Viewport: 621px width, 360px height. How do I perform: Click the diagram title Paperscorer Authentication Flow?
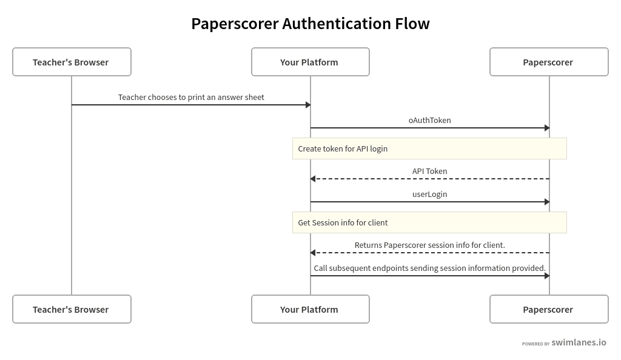[310, 24]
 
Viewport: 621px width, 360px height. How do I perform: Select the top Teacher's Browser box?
[72, 62]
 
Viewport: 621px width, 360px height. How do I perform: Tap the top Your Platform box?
[310, 62]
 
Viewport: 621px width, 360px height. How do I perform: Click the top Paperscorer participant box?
[548, 62]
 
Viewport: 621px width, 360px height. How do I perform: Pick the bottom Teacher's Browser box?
[72, 309]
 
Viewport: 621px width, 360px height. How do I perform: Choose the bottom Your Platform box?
[310, 309]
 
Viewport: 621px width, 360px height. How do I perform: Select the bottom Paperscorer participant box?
[548, 309]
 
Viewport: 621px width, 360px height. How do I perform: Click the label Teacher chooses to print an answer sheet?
[191, 97]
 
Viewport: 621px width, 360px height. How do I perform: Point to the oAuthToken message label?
[429, 120]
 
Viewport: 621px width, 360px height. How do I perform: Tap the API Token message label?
[429, 171]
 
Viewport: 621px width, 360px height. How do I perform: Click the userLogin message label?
[429, 194]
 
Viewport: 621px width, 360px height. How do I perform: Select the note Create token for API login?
[343, 148]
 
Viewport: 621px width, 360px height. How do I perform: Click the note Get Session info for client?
[343, 222]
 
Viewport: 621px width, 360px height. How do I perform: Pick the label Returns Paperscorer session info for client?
[429, 245]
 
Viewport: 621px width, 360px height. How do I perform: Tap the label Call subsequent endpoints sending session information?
[429, 268]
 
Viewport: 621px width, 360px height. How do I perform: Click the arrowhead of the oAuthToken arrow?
[546, 128]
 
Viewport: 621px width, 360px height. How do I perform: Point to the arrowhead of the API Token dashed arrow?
[313, 179]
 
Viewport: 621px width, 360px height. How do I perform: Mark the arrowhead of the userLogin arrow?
[546, 202]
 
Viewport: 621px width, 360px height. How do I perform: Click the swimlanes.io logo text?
[579, 342]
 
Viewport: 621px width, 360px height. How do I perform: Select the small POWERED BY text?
[535, 344]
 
